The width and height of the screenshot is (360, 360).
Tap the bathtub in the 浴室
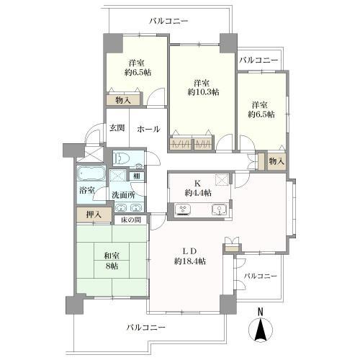pos(91,175)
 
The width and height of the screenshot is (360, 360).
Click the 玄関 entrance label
pos(117,128)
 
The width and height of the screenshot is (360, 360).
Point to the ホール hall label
pos(148,129)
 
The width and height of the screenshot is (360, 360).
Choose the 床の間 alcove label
pos(130,220)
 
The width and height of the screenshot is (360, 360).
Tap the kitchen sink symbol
pos(219,210)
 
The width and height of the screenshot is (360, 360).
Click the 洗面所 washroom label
pos(122,194)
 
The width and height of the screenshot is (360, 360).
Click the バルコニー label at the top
pos(168,22)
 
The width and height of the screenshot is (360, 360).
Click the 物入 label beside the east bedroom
pos(276,161)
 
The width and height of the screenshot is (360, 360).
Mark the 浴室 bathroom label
pos(86,191)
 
